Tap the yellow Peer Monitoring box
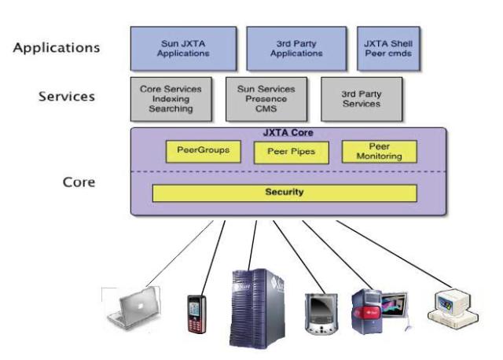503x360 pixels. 380,151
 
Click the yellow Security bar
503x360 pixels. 284,193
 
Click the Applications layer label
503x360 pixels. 57,47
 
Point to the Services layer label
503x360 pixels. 68,97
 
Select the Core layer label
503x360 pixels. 79,182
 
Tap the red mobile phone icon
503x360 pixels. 196,311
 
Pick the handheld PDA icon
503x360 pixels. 318,312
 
